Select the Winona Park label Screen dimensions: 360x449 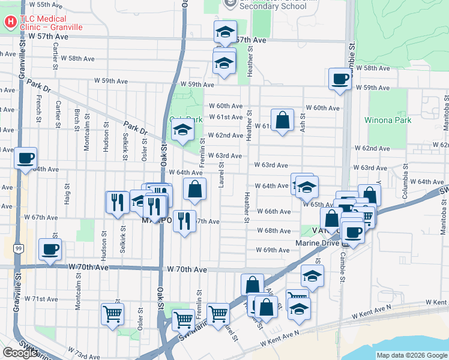coord(388,119)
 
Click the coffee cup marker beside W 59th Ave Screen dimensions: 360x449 coord(340,80)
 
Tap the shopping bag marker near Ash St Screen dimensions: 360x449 coord(282,119)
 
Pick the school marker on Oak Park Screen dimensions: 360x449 coord(182,130)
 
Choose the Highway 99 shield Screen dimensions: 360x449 coord(20,248)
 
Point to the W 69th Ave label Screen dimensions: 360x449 coord(273,250)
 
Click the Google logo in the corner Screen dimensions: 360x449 coord(20,353)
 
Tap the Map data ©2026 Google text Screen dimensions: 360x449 coord(412,355)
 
